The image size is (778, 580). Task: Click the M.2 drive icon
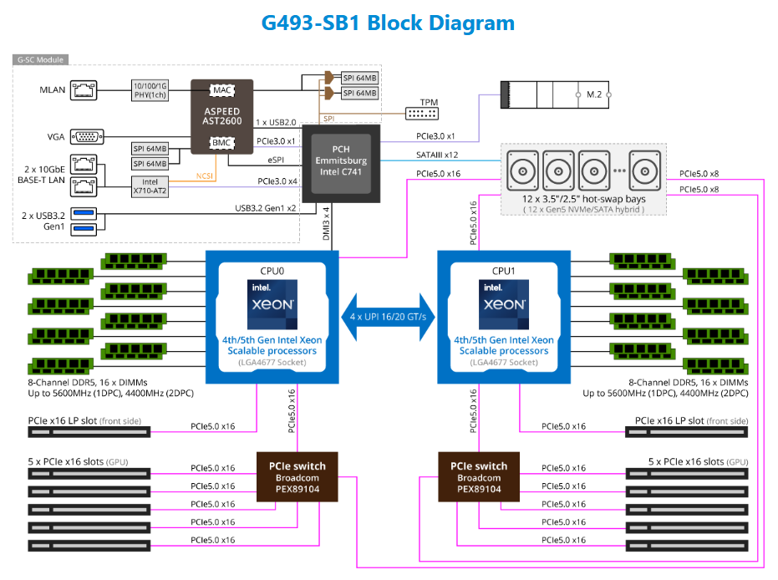(x=554, y=94)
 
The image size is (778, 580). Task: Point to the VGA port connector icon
(x=87, y=137)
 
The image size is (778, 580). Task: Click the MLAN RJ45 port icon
(x=84, y=89)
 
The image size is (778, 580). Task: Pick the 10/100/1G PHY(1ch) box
(x=151, y=89)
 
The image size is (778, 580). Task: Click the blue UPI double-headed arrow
(x=388, y=317)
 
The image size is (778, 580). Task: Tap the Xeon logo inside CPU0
(x=272, y=303)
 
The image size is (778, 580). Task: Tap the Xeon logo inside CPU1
(x=504, y=303)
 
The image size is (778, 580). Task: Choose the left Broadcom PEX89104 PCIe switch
(x=297, y=477)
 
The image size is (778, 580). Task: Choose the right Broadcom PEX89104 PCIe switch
(x=479, y=477)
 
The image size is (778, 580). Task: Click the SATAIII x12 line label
(x=437, y=155)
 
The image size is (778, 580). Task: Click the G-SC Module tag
(x=41, y=60)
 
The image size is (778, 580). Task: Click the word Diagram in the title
(x=471, y=23)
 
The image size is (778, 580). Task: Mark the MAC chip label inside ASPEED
(x=221, y=89)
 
